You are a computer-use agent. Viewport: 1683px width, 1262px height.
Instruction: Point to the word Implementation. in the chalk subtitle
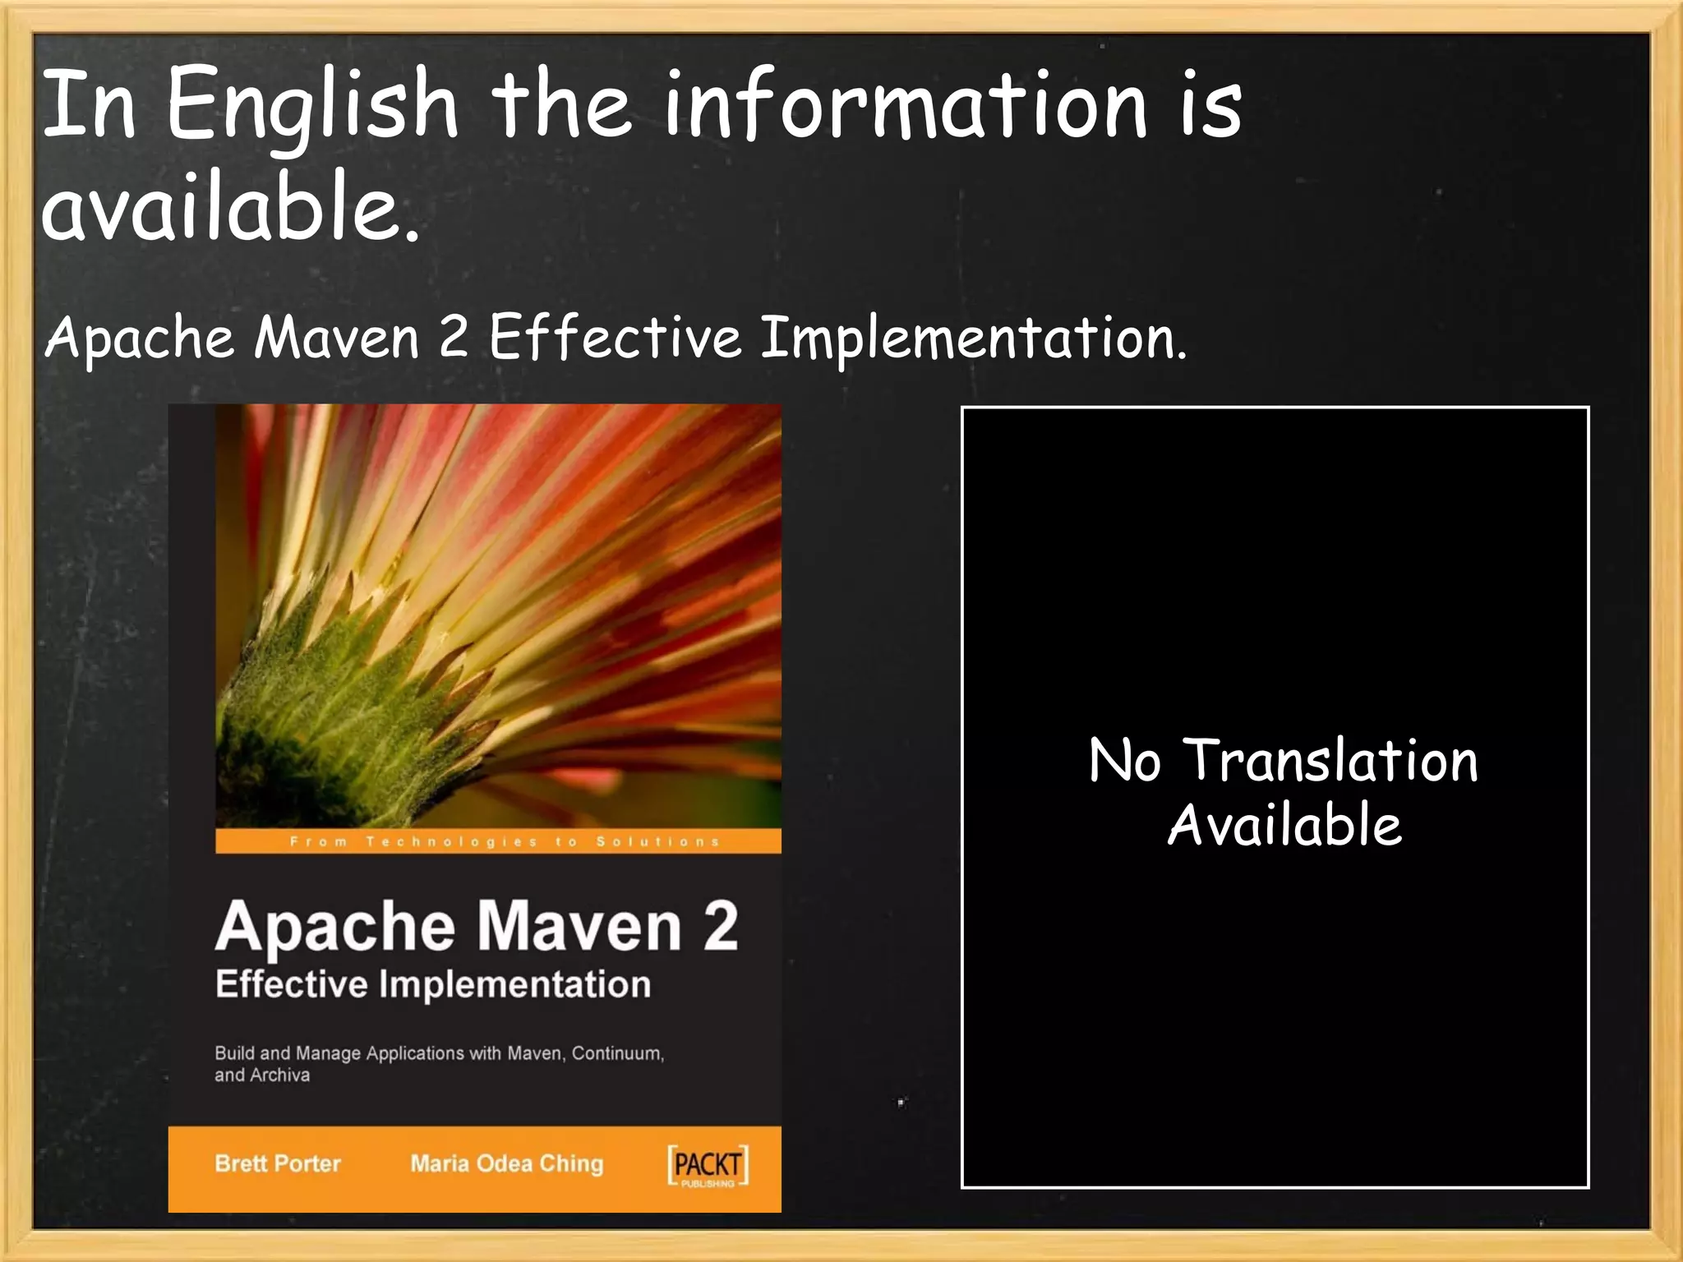973,337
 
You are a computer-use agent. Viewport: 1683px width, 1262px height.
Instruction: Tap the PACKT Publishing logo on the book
708,1165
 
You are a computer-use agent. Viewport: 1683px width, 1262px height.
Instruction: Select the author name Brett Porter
278,1163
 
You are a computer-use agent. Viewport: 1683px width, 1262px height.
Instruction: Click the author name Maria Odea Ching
506,1163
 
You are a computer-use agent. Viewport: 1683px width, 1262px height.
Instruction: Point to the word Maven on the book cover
579,926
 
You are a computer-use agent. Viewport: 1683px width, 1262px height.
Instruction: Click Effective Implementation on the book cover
432,983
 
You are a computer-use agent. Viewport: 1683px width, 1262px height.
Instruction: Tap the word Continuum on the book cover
617,1053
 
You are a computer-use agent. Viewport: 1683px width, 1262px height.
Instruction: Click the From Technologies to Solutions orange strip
498,841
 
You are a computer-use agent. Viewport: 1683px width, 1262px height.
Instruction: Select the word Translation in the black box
1329,760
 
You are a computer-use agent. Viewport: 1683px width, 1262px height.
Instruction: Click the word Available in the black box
1284,825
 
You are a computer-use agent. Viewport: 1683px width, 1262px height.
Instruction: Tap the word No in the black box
1124,760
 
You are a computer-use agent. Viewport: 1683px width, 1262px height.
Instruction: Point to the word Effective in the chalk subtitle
615,337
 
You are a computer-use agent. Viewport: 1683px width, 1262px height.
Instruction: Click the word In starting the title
88,105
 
